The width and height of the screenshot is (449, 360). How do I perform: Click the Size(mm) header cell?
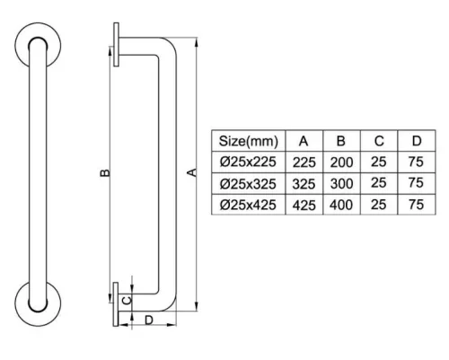tap(248, 141)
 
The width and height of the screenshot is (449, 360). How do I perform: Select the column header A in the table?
tap(304, 141)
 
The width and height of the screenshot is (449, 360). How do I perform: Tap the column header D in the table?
tap(417, 141)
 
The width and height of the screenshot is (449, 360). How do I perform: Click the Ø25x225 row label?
tap(248, 162)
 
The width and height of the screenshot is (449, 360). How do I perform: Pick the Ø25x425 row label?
tap(248, 205)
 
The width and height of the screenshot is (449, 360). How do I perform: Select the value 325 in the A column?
tap(304, 184)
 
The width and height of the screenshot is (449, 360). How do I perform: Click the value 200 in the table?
tap(341, 162)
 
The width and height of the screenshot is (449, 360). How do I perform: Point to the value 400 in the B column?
tap(341, 205)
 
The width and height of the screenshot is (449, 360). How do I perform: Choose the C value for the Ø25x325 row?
tap(379, 183)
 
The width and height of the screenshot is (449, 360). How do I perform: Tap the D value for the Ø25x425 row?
tap(416, 205)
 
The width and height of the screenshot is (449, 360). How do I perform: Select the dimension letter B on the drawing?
tap(105, 173)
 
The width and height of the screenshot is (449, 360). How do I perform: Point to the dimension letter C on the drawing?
tap(128, 300)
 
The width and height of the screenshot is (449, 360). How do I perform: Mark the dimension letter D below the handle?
tap(149, 320)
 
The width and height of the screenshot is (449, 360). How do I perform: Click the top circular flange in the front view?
tap(38, 46)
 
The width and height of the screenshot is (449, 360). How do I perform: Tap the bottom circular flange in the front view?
tap(38, 303)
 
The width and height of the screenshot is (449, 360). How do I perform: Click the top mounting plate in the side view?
tap(116, 44)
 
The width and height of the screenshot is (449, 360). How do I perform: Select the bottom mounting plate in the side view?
tap(116, 304)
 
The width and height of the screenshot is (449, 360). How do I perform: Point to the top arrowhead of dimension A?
tap(196, 42)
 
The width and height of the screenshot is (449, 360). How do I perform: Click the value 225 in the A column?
tap(304, 162)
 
